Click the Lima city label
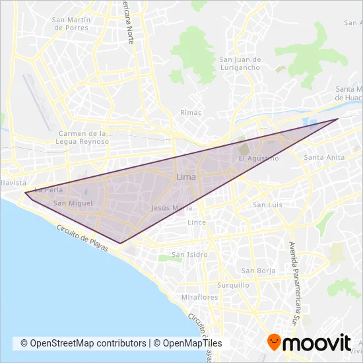click(x=185, y=178)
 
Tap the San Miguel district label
click(x=70, y=203)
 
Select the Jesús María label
click(x=172, y=207)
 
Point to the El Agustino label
click(x=259, y=158)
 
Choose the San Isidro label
click(x=189, y=254)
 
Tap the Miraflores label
click(x=199, y=297)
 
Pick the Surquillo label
click(x=234, y=285)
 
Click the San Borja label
click(x=257, y=271)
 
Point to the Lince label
click(x=197, y=222)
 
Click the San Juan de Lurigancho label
click(x=240, y=63)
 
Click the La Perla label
click(x=48, y=189)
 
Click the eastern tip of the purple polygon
click(x=338, y=119)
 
